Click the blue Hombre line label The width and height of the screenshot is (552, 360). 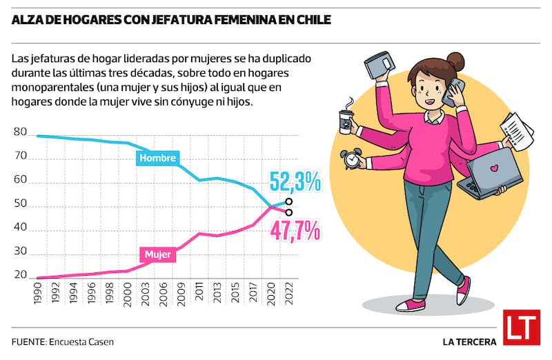[x=159, y=159]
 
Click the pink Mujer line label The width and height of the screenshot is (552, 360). [x=158, y=255]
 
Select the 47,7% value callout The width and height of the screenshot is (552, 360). [x=295, y=230]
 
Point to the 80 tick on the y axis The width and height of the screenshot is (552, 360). [x=20, y=132]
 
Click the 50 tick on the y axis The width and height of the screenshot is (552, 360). [x=20, y=204]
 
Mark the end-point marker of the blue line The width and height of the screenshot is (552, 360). [x=288, y=202]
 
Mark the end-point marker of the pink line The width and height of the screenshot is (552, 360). [x=288, y=212]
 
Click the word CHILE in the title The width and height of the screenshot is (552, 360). [x=310, y=20]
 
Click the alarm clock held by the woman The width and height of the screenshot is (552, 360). [x=352, y=159]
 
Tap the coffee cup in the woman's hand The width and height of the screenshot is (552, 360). [x=345, y=119]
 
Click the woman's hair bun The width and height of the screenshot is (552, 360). [x=455, y=59]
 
